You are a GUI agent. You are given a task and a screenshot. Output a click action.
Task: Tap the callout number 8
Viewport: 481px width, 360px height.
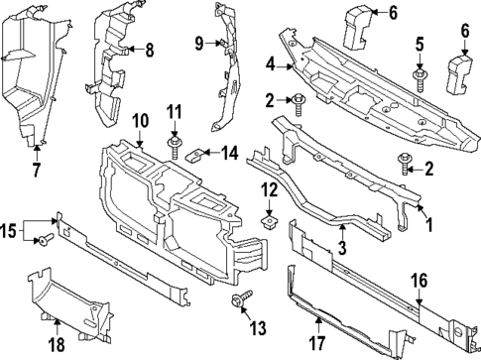tap(150, 49)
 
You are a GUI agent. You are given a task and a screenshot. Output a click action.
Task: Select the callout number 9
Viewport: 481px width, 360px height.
tap(198, 43)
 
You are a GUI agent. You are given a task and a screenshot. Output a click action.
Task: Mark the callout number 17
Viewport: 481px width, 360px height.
tap(317, 345)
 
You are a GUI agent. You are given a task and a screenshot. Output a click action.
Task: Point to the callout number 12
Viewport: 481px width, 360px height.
tap(269, 188)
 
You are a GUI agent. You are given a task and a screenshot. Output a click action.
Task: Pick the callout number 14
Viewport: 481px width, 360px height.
tap(230, 153)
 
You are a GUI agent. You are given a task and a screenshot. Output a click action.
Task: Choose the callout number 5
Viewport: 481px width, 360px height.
tap(421, 44)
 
